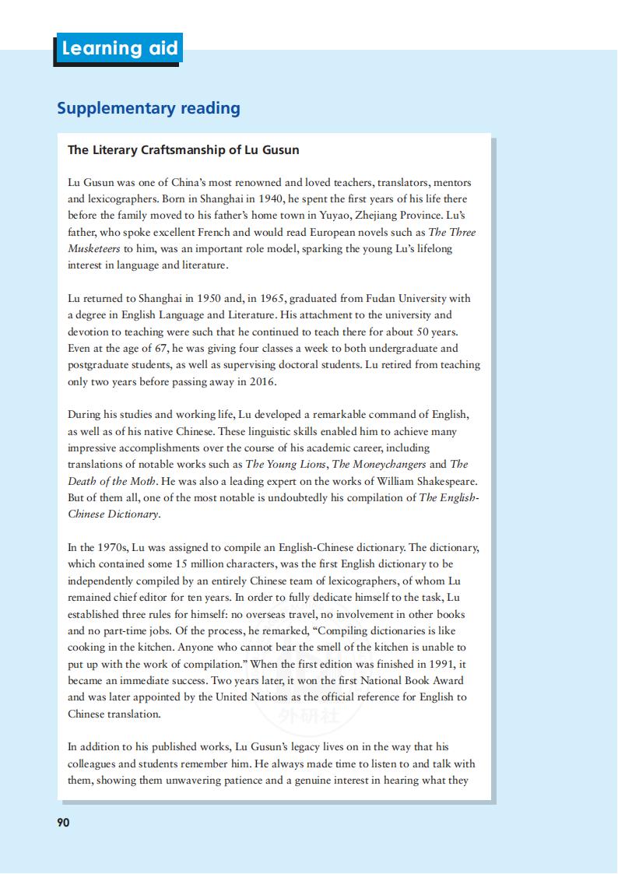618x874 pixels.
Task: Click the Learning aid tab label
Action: [119, 48]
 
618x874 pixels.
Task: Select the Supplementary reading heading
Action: [148, 108]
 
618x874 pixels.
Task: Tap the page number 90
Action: [63, 822]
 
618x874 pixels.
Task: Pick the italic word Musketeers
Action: [93, 249]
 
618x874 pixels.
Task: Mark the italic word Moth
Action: [146, 482]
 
